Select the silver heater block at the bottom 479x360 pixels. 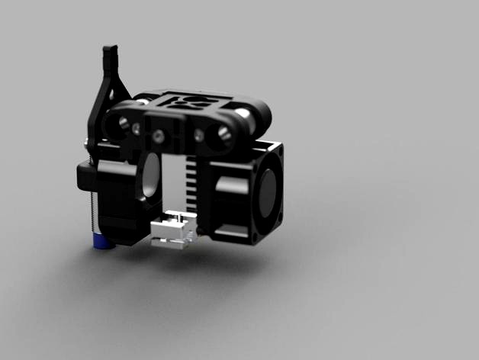click(x=174, y=230)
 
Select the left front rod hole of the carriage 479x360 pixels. click(x=119, y=124)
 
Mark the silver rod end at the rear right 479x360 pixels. click(x=243, y=114)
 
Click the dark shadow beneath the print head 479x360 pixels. click(x=191, y=259)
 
